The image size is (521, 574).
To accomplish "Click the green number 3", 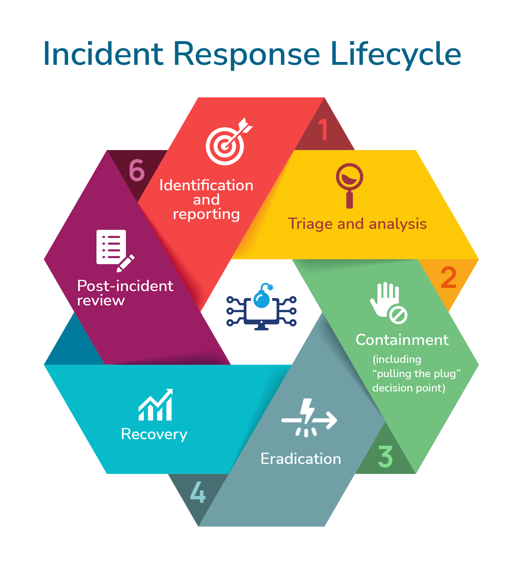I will [385, 456].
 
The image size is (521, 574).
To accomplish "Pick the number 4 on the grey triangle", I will [198, 492].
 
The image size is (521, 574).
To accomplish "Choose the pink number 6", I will [137, 170].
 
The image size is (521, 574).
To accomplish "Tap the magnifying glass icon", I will [349, 185].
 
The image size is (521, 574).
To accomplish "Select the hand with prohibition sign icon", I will [388, 303].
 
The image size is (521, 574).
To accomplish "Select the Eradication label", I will [301, 459].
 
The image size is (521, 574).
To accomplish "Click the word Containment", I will [402, 340].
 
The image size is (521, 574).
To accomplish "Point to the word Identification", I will [206, 185].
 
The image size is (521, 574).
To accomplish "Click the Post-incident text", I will [125, 286].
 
